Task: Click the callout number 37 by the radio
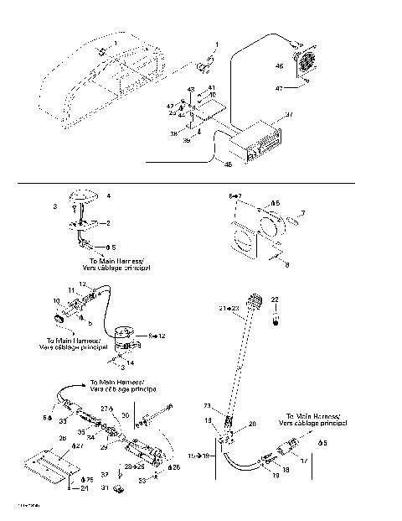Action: click(290, 114)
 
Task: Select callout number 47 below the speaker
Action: click(302, 86)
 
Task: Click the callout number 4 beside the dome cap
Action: click(108, 195)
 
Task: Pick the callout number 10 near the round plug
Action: click(57, 300)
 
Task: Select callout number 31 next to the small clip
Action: click(106, 487)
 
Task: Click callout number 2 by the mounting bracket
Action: click(106, 223)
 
